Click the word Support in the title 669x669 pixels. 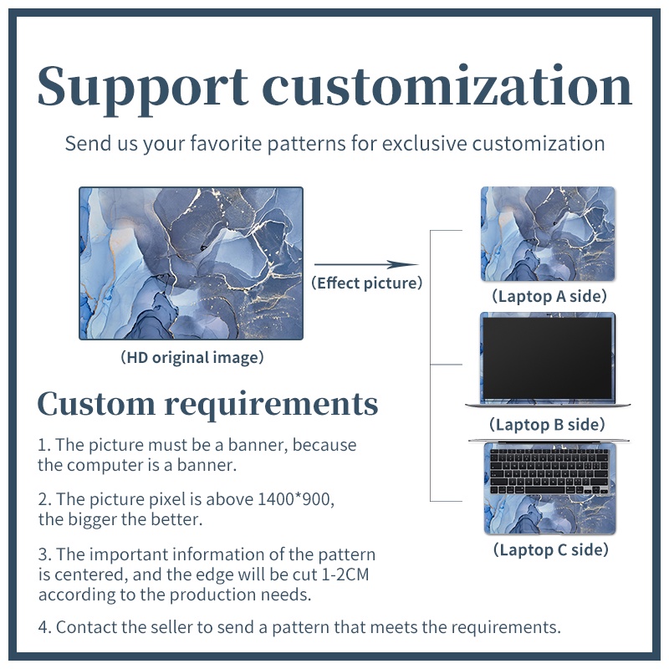click(x=143, y=86)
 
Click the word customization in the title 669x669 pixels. click(x=447, y=86)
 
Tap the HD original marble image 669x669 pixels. click(x=191, y=263)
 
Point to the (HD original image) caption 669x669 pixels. click(x=192, y=358)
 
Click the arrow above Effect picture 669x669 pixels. click(x=365, y=264)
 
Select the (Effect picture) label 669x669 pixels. click(x=366, y=283)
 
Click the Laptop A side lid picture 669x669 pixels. click(x=548, y=233)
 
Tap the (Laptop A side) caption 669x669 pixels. click(x=549, y=296)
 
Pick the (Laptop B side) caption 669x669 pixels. click(x=548, y=425)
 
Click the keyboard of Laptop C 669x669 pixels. click(x=548, y=471)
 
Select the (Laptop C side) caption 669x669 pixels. click(x=549, y=549)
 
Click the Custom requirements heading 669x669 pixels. click(x=207, y=404)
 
